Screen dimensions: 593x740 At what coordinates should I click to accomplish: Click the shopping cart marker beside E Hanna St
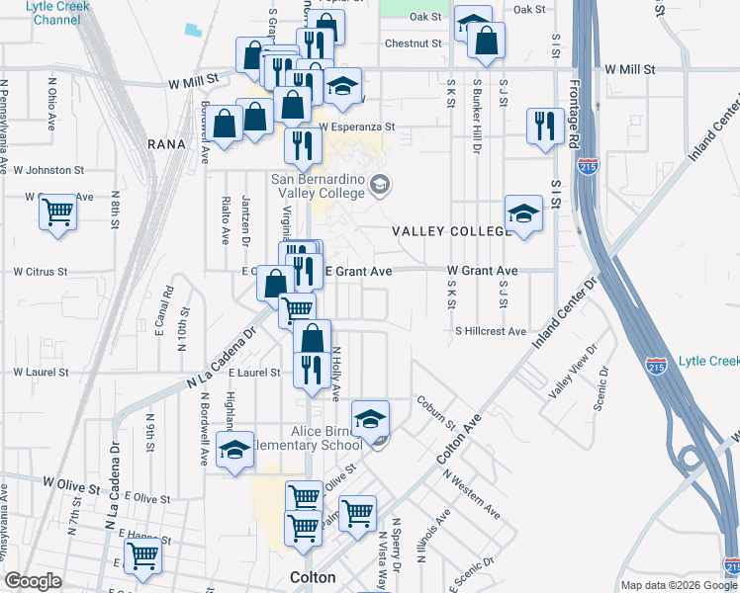(x=142, y=557)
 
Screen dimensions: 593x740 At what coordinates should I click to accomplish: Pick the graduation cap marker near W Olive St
(x=234, y=451)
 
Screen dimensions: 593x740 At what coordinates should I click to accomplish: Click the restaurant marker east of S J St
(x=545, y=126)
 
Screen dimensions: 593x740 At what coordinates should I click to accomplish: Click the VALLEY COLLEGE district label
(x=450, y=230)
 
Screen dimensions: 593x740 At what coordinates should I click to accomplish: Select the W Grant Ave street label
(x=483, y=270)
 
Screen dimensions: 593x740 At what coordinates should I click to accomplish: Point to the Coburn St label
(x=434, y=413)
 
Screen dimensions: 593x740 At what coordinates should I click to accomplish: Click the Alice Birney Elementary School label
(x=326, y=438)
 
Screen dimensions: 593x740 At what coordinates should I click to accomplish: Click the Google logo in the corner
(x=34, y=580)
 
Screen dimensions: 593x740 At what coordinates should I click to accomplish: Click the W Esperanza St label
(x=357, y=127)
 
